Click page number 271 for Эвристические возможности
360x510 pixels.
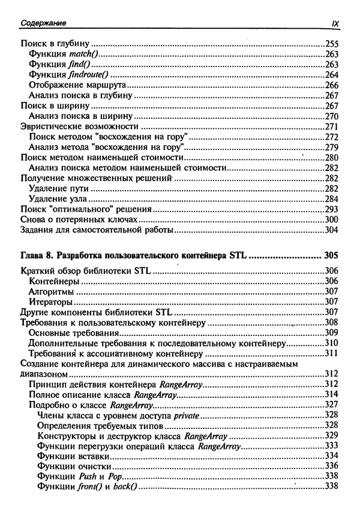(x=332, y=127)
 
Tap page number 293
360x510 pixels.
(x=332, y=209)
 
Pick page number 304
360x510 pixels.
(x=332, y=230)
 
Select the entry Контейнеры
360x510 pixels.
(x=55, y=281)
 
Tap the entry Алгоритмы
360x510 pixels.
(x=53, y=291)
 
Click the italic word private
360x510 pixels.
(x=187, y=415)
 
